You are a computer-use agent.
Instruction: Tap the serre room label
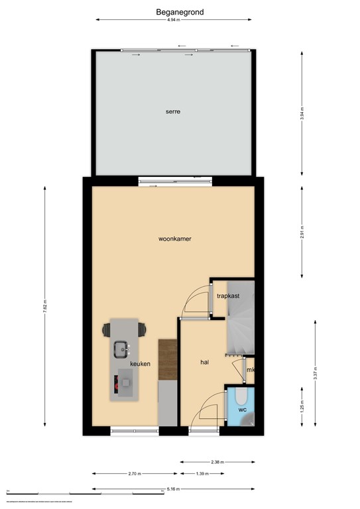[173, 112]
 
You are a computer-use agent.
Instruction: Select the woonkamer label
[175, 239]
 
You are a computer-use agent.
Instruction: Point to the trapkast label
[228, 297]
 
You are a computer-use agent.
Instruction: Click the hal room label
[205, 363]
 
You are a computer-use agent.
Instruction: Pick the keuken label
[140, 364]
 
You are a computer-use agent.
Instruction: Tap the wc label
[242, 410]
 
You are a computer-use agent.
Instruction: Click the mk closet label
[251, 370]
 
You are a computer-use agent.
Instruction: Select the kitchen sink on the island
[121, 347]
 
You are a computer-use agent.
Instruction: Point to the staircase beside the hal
[240, 331]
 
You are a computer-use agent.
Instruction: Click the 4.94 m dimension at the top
[174, 21]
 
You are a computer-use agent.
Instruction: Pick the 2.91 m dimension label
[302, 233]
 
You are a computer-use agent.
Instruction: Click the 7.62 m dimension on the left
[44, 306]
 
